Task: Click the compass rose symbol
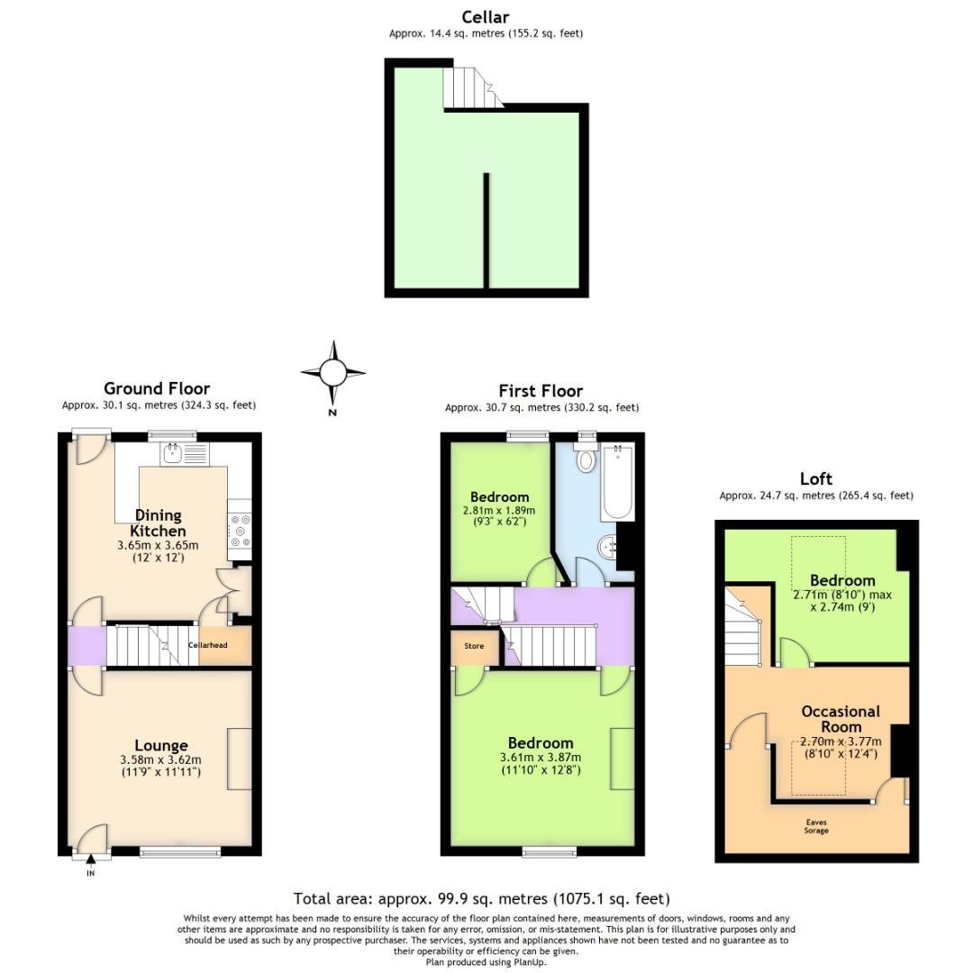(333, 372)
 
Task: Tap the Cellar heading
(486, 17)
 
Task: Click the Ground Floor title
(157, 389)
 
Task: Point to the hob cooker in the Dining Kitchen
(240, 532)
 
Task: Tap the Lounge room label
(160, 745)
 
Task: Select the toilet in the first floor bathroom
(587, 459)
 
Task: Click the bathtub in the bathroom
(618, 481)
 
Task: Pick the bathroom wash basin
(608, 545)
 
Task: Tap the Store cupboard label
(474, 646)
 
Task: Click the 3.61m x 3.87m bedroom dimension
(541, 757)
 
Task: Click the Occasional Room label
(841, 719)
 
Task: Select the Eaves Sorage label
(816, 826)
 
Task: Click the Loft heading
(815, 478)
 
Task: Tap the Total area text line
(481, 898)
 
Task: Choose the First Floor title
(541, 391)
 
